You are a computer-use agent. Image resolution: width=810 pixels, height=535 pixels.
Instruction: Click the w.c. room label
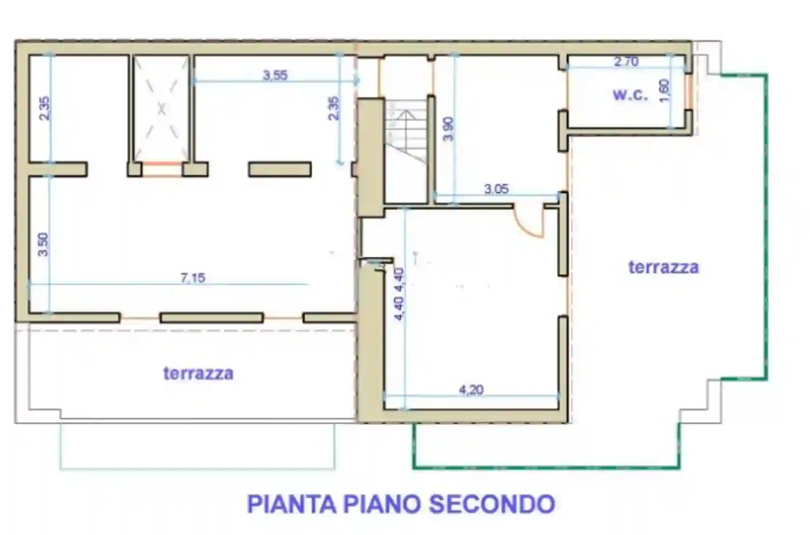[x=630, y=95]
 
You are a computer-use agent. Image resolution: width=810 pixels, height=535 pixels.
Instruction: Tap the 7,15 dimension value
[x=193, y=278]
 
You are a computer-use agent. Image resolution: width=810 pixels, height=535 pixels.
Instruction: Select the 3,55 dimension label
[x=275, y=75]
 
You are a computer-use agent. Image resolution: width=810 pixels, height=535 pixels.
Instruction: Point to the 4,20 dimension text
[x=471, y=390]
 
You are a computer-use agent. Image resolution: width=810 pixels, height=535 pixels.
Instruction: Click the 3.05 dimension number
[x=496, y=189]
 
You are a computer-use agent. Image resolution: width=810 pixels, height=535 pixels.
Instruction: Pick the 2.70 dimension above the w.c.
[x=626, y=62]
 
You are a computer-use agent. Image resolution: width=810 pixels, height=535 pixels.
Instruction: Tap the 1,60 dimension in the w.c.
[x=664, y=90]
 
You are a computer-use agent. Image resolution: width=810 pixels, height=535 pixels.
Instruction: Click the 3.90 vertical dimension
[x=448, y=128]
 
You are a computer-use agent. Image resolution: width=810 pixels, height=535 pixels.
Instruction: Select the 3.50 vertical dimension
[x=43, y=244]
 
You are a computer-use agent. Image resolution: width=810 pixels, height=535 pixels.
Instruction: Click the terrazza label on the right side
[x=663, y=267]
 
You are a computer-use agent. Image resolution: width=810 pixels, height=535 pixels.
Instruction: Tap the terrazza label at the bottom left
[x=198, y=373]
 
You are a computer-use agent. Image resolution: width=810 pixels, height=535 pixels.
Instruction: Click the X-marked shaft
[x=161, y=108]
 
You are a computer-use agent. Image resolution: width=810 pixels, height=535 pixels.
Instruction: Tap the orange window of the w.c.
[x=689, y=92]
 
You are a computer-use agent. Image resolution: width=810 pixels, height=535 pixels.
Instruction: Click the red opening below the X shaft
[x=162, y=163]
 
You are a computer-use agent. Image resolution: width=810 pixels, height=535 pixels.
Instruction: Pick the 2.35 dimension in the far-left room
[x=44, y=108]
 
